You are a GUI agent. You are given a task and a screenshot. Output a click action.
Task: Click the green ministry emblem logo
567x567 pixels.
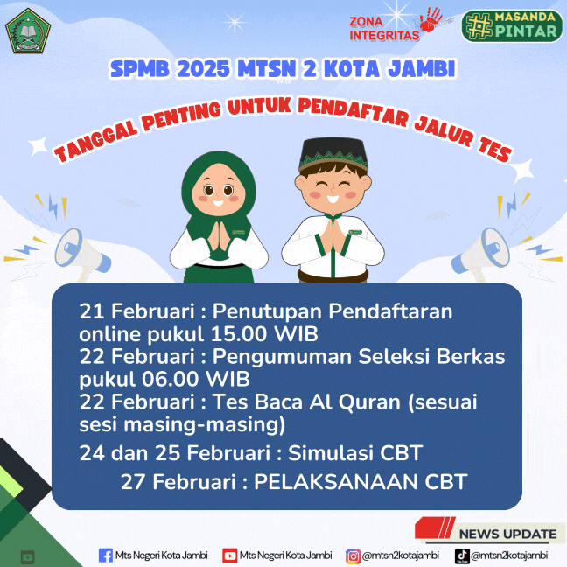click(29, 31)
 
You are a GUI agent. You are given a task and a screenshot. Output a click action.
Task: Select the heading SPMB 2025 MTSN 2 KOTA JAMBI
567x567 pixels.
click(283, 68)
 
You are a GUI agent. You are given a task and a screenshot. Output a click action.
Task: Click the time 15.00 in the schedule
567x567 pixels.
click(241, 334)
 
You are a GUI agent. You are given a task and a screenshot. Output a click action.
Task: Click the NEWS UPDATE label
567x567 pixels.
click(507, 534)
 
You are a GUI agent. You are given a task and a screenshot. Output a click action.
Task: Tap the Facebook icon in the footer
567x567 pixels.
click(106, 555)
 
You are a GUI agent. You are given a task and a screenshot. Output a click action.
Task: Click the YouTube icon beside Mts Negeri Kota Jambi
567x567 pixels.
click(230, 555)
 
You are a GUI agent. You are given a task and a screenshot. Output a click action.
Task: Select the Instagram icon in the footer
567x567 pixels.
click(353, 555)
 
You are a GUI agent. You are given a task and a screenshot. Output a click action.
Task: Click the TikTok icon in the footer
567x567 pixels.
click(462, 555)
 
